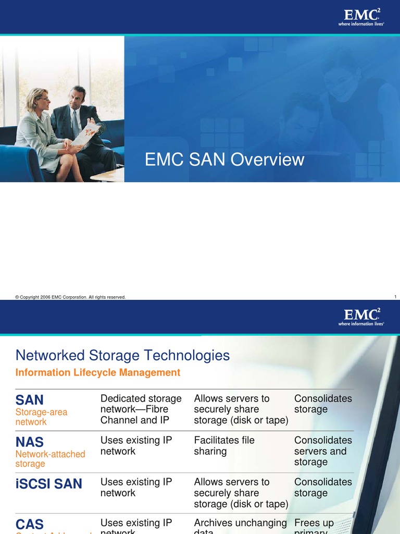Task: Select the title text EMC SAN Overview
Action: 224,160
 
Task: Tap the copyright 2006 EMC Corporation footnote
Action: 71,297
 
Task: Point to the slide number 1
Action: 395,297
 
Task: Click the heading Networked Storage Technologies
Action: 122,356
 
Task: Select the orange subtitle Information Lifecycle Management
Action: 98,372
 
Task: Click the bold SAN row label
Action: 30,400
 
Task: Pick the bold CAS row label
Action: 30,524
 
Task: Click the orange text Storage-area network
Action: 42,417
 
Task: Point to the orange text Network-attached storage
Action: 50,459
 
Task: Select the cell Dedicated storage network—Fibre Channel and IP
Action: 141,409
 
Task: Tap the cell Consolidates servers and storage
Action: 323,451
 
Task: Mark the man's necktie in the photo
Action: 76,124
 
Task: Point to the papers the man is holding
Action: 85,134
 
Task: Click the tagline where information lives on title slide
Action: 361,24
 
